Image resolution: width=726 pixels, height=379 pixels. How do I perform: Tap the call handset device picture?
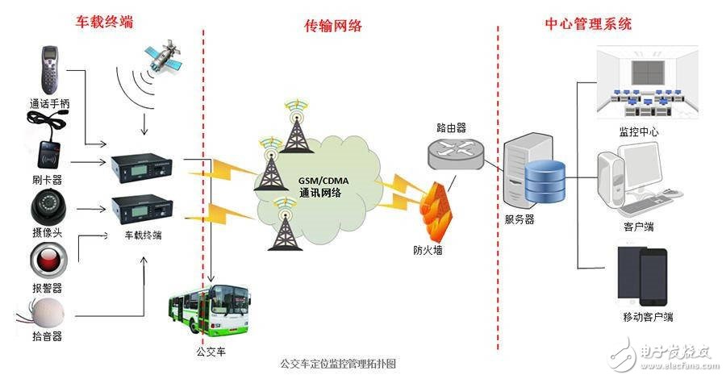(50, 70)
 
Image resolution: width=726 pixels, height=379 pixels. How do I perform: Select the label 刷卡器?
(47, 180)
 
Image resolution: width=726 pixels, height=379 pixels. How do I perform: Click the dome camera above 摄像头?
(48, 207)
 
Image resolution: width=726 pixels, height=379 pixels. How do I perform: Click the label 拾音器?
(47, 336)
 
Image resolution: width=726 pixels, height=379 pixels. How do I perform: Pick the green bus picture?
(209, 310)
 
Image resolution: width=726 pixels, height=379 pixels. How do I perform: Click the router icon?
(456, 152)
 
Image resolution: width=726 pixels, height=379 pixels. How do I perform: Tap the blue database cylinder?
(545, 181)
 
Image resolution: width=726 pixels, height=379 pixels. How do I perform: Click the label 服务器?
(519, 219)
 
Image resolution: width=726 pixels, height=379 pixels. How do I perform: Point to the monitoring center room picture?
(647, 82)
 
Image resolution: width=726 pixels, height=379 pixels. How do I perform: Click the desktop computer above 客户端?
(640, 178)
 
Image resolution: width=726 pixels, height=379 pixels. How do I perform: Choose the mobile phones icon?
(643, 277)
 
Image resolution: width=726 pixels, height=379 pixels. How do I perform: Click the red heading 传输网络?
(333, 26)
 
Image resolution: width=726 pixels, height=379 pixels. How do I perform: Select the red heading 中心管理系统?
(588, 23)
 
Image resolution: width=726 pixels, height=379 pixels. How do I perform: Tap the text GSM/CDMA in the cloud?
(323, 181)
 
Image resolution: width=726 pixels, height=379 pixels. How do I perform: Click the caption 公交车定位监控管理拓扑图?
(338, 364)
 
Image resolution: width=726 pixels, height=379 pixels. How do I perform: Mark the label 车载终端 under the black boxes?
(143, 235)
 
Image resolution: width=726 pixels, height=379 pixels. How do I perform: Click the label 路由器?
(451, 127)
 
